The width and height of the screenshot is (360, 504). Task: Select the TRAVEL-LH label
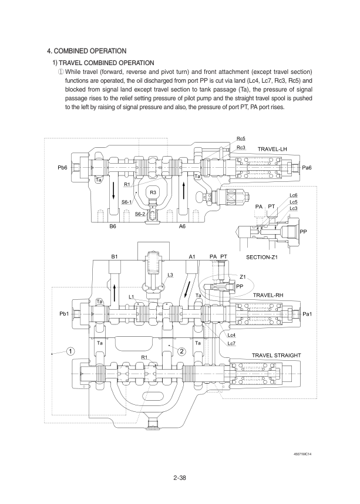click(x=272, y=150)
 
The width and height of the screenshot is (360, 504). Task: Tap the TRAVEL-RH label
click(x=268, y=295)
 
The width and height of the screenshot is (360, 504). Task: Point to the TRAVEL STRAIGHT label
click(x=275, y=356)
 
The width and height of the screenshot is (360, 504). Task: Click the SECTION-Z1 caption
click(x=261, y=257)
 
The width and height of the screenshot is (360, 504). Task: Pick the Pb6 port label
click(x=62, y=168)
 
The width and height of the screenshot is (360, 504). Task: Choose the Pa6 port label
click(x=307, y=168)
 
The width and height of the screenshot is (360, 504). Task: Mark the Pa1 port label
click(x=307, y=314)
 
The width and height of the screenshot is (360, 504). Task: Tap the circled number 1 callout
click(x=70, y=351)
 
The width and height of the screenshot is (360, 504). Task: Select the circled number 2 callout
click(x=182, y=351)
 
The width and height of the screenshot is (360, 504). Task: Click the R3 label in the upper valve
click(x=153, y=192)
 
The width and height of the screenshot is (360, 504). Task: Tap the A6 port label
click(x=182, y=226)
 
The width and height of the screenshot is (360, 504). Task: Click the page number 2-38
click(x=180, y=478)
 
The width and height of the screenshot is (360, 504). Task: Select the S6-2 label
click(x=140, y=214)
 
